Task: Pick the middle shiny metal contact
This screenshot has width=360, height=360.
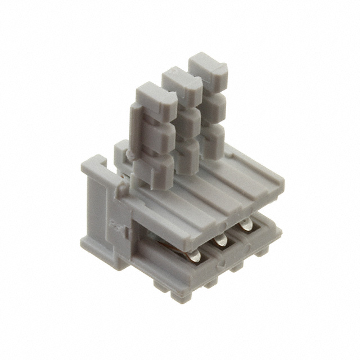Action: (220, 240)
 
